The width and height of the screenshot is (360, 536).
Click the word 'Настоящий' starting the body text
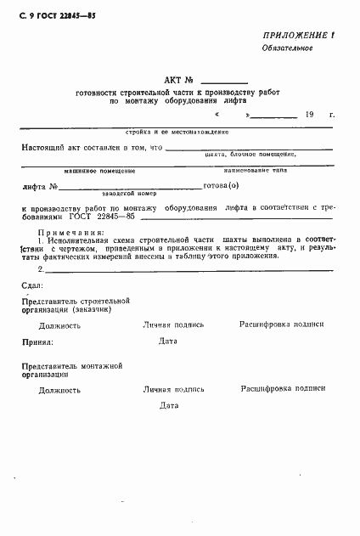44,147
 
